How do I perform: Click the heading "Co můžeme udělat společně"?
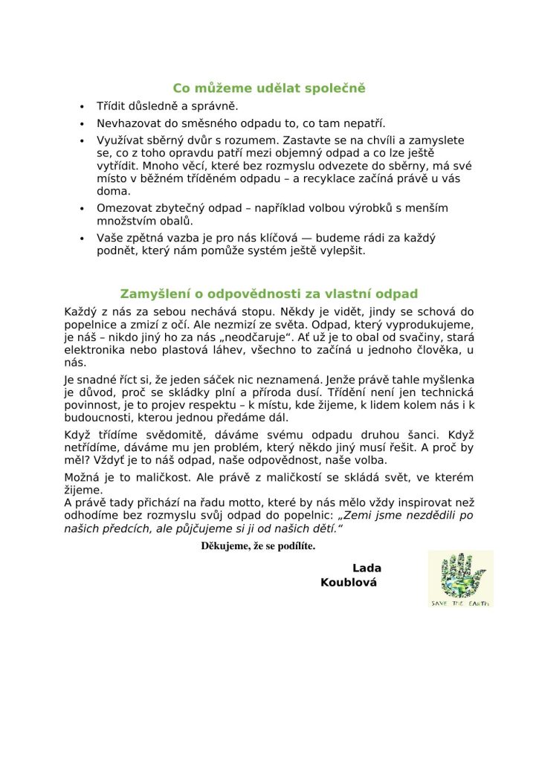point(269,88)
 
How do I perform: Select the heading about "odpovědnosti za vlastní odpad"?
point(269,294)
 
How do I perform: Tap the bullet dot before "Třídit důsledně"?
point(83,107)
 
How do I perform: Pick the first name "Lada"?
point(367,569)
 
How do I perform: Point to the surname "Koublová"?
point(349,583)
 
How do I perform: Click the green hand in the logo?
point(459,574)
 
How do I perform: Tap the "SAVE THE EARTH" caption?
point(460,602)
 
